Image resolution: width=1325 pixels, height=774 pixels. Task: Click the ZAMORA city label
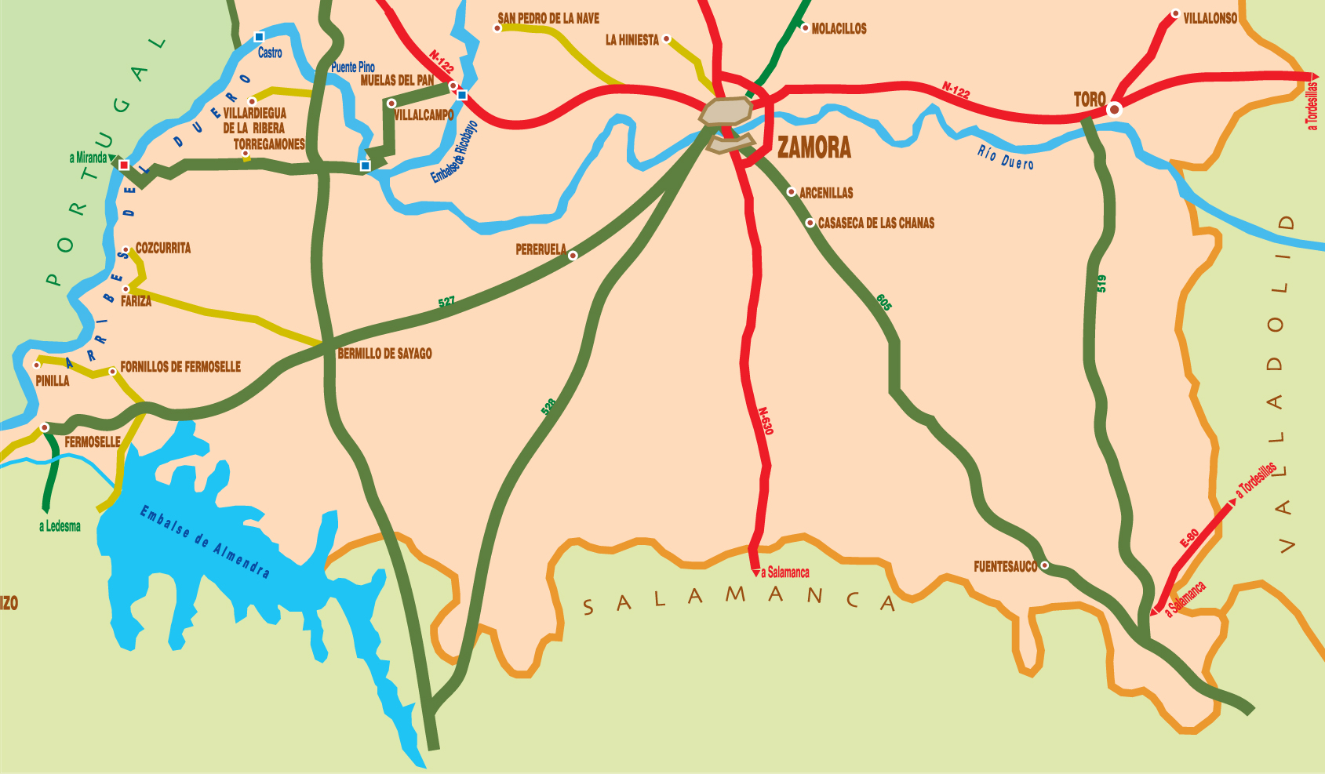pos(814,147)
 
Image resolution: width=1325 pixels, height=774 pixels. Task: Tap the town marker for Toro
pos(1114,110)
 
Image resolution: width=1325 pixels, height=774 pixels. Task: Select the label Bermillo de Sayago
pos(384,354)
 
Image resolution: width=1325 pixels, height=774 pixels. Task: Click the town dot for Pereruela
pos(573,256)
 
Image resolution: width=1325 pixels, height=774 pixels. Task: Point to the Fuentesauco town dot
pos(1044,565)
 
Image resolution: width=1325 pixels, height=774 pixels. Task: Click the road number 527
pos(446,302)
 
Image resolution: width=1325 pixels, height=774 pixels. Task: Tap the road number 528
pos(548,406)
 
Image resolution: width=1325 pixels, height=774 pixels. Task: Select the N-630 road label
pos(766,421)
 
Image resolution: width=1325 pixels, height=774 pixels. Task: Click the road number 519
pos(1101,284)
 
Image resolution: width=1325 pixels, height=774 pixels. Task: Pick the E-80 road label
pos(1189,538)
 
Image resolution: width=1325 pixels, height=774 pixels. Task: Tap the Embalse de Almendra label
pos(205,542)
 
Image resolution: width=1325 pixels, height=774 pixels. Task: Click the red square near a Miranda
pos(124,165)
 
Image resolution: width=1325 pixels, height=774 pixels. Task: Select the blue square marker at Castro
pos(259,37)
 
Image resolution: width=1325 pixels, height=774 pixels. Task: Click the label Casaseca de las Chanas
pos(876,223)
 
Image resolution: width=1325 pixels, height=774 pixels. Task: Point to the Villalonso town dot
pos(1175,13)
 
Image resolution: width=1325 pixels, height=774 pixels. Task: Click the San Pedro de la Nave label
pos(548,18)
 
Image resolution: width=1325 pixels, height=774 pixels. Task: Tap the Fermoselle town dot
pos(45,427)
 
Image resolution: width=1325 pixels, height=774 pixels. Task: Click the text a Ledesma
pos(60,526)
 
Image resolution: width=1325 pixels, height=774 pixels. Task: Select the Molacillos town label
pos(839,29)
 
